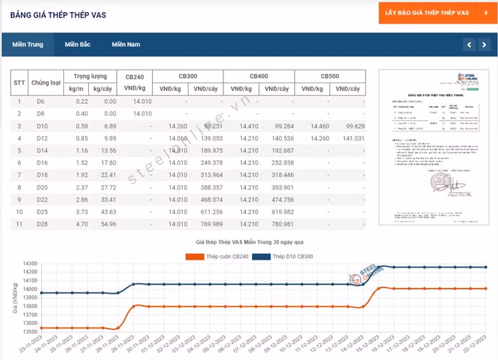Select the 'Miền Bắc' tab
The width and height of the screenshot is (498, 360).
pos(78,44)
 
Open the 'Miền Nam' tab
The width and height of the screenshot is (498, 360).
pos(125,44)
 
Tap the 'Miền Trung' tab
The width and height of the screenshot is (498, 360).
pos(26,44)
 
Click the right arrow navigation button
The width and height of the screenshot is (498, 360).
pos(485,45)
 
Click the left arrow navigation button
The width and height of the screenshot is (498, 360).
pos(468,45)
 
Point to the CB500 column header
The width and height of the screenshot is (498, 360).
pos(329,76)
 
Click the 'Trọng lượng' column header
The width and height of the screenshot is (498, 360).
pos(90,75)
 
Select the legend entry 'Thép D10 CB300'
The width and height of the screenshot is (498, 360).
pos(299,256)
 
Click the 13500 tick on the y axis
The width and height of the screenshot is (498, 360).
pos(30,332)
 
